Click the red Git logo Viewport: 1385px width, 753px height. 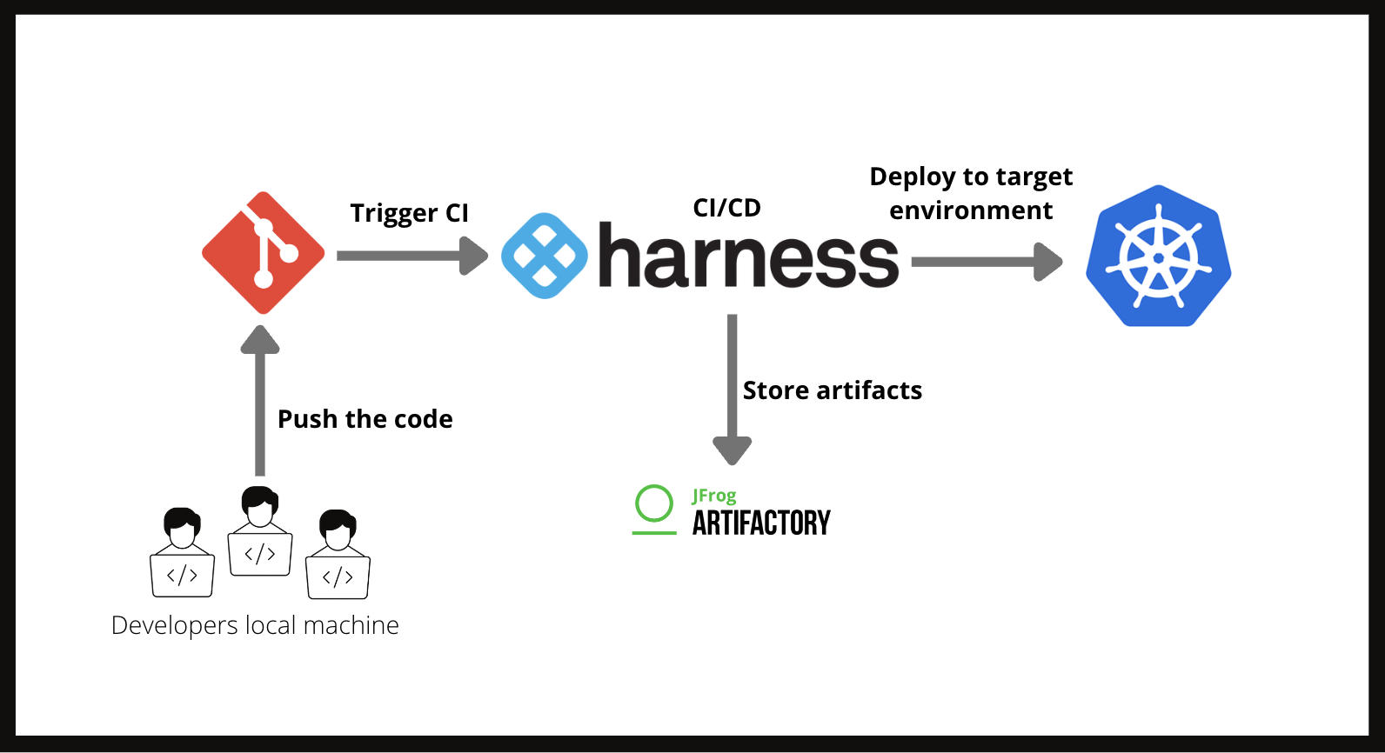click(263, 253)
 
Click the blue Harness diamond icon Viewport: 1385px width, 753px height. click(545, 256)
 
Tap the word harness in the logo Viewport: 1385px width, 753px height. click(748, 257)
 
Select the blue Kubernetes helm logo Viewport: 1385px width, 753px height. click(1158, 257)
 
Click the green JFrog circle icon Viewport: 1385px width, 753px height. click(654, 504)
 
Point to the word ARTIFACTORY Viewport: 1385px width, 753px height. click(761, 523)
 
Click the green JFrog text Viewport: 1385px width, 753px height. click(714, 496)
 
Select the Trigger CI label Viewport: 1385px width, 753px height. click(409, 213)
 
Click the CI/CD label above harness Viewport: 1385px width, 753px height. click(726, 208)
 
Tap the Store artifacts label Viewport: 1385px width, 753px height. click(832, 390)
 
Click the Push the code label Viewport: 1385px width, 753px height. click(365, 419)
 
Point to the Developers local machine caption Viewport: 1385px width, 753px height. click(255, 625)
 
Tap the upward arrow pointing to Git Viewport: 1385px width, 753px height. click(260, 400)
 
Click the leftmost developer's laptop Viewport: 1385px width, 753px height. click(183, 575)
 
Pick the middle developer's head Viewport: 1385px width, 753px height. click(259, 505)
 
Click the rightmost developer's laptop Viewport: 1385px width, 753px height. click(338, 576)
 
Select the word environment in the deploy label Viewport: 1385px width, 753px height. click(970, 210)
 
